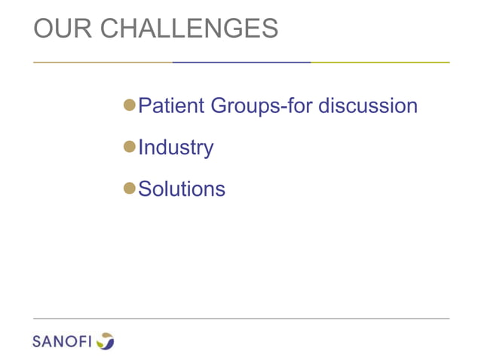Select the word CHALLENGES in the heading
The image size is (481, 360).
coord(189,28)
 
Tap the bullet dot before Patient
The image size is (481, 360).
coord(129,105)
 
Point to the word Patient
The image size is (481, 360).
coord(171,105)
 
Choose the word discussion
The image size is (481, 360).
coord(367,105)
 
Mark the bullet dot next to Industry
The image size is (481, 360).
coord(129,146)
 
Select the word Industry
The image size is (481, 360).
coord(176,148)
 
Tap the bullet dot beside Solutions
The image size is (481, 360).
coord(129,188)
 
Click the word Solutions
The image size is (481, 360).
coord(182,188)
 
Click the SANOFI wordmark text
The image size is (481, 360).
coord(62,342)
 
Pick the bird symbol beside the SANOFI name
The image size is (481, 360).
coord(106,341)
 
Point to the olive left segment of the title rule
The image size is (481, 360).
coord(103,62)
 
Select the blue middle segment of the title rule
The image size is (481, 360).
coord(241,62)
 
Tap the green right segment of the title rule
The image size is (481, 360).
coord(380,62)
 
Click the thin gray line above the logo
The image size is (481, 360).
coord(241,318)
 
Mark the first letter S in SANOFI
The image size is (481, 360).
coord(37,342)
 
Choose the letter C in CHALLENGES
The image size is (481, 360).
coord(110,28)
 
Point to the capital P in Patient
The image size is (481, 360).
coord(146,105)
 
